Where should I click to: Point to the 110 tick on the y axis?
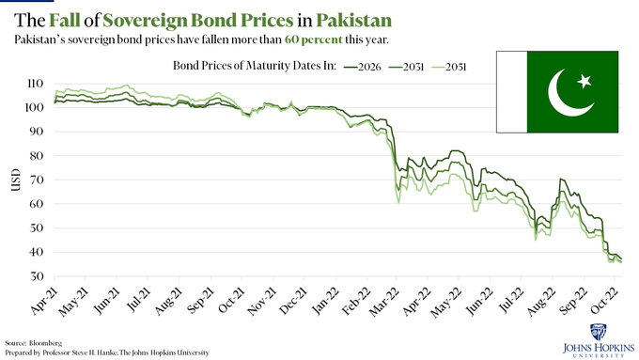pyautogui.click(x=35, y=84)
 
